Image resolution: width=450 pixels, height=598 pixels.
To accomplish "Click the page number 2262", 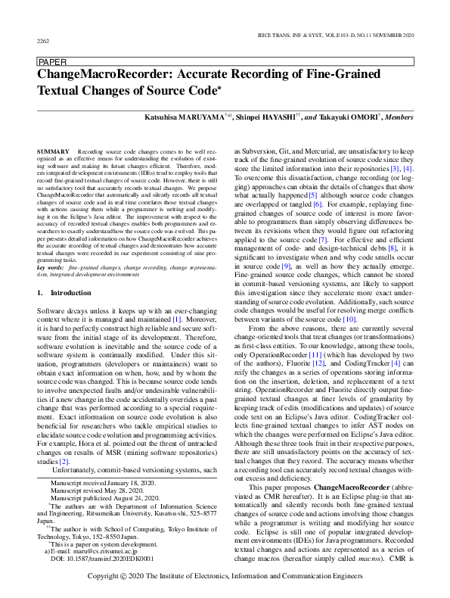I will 43,40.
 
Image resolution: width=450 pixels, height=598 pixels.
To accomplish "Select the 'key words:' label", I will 50,268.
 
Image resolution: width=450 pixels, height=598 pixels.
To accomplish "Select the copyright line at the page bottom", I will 224,576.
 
